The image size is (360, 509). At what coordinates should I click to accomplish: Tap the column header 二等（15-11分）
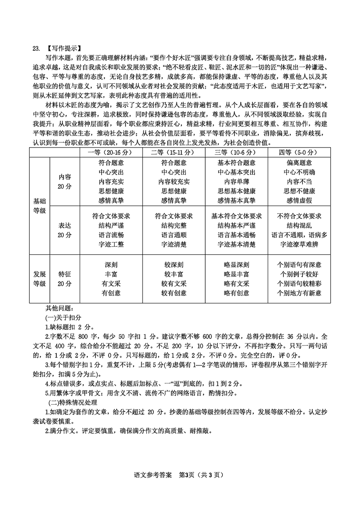[x=174, y=152]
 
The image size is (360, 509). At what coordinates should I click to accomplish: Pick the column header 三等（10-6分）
[x=236, y=152]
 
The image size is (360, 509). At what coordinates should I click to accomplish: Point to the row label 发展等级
[x=39, y=279]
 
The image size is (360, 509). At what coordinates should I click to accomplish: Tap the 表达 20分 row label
[x=65, y=230]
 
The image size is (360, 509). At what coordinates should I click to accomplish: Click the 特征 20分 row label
[x=65, y=279]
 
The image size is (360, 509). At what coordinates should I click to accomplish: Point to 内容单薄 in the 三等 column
[x=236, y=182]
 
